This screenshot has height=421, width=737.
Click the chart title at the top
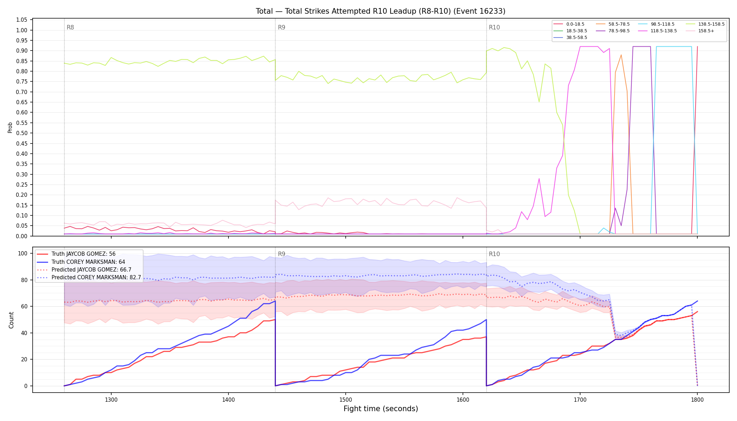pyautogui.click(x=380, y=11)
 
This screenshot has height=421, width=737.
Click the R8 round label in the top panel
pyautogui.click(x=70, y=27)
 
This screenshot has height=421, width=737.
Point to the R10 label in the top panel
pyautogui.click(x=494, y=27)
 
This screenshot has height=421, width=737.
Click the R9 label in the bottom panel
pyautogui.click(x=281, y=254)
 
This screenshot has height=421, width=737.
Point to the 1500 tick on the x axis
pyautogui.click(x=346, y=399)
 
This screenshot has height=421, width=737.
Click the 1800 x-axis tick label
pyautogui.click(x=697, y=399)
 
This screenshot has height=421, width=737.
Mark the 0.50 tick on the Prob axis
pyautogui.click(x=22, y=133)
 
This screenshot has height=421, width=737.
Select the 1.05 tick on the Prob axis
pyautogui.click(x=22, y=20)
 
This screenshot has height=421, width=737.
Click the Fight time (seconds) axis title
pyautogui.click(x=381, y=409)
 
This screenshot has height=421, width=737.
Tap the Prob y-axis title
pyautogui.click(x=10, y=127)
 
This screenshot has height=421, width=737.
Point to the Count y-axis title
pyautogui.click(x=11, y=320)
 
